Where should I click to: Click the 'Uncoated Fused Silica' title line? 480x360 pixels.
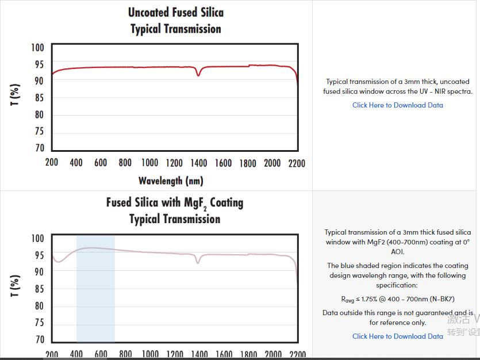[175, 12]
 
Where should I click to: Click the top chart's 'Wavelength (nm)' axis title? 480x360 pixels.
[171, 181]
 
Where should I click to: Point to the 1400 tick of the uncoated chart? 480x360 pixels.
[199, 163]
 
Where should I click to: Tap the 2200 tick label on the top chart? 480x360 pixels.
[297, 163]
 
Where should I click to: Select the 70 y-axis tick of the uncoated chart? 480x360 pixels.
[39, 148]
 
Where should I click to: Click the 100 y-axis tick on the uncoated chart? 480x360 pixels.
[37, 47]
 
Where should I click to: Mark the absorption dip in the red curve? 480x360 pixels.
[198, 74]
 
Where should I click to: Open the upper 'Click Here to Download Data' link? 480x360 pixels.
[397, 105]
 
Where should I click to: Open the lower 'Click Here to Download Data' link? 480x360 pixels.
[397, 336]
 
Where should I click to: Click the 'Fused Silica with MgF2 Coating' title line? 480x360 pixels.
[174, 203]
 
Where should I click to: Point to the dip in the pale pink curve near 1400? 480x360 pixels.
[198, 262]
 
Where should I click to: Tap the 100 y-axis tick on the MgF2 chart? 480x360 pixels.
[37, 238]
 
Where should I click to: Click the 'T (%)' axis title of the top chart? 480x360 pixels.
[16, 94]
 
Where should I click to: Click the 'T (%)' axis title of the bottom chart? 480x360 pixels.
[16, 285]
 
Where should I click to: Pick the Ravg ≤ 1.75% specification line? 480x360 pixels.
[397, 299]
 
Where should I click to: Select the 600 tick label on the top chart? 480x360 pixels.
[101, 163]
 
